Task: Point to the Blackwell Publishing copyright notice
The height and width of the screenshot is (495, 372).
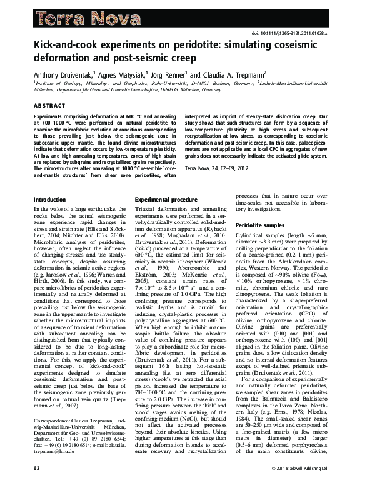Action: tap(306, 486)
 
